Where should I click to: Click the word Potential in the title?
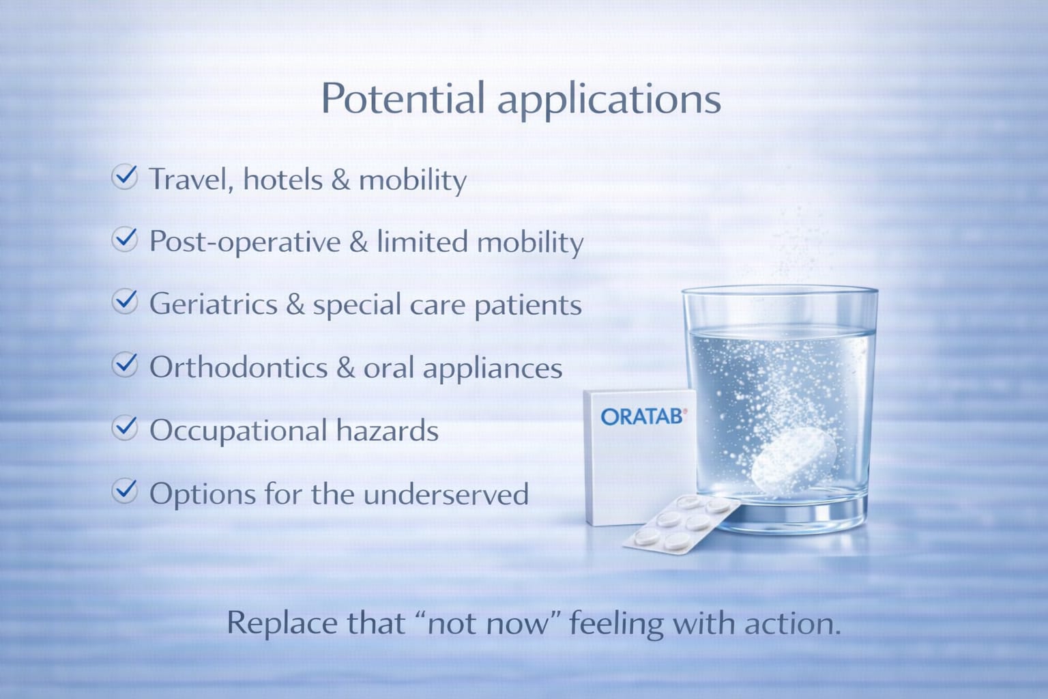[x=403, y=98]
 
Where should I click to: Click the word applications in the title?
[x=609, y=100]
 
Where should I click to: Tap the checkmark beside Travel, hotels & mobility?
[x=125, y=177]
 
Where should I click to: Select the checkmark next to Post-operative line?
[x=125, y=240]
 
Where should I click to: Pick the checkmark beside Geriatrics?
[x=125, y=302]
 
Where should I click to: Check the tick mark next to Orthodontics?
[x=125, y=365]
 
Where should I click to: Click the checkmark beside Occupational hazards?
[x=125, y=428]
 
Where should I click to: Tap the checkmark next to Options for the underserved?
[x=125, y=491]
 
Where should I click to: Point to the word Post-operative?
[x=245, y=242]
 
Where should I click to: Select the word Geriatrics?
[x=214, y=304]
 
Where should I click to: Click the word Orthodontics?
[x=238, y=368]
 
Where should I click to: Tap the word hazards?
[x=387, y=431]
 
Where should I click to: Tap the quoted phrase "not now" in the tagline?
[x=487, y=623]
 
